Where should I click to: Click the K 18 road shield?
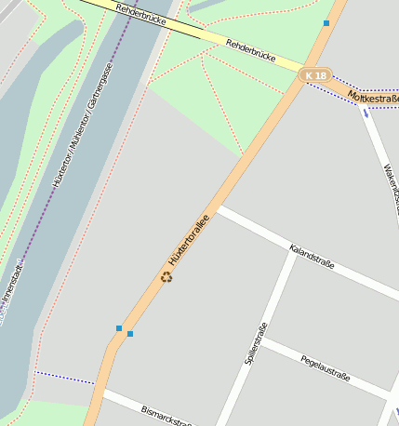click(316, 74)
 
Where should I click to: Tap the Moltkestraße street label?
click(373, 97)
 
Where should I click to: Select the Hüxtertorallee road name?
click(184, 243)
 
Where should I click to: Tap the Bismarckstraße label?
click(166, 416)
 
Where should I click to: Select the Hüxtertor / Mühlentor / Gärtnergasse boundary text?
click(84, 126)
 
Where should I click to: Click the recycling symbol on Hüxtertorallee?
click(167, 276)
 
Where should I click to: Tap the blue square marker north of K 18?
click(326, 22)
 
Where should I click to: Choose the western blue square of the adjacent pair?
click(119, 328)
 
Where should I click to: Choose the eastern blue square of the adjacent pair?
click(130, 334)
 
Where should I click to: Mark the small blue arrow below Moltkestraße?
click(366, 113)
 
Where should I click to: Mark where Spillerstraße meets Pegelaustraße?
click(262, 340)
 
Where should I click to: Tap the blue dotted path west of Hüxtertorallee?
click(65, 378)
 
